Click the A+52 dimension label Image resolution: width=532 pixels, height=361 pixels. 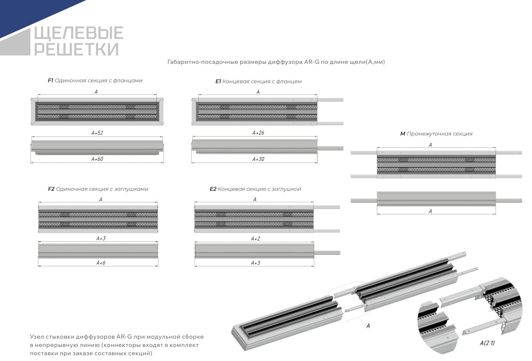97,133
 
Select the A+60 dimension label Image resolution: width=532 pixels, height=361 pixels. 97,159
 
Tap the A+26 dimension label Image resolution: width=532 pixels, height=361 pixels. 258,133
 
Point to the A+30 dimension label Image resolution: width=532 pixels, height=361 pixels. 258,159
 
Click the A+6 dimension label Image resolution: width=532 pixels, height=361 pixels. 101,263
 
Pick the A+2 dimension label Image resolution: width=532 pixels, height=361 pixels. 255,239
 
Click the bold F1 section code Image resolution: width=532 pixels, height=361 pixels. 51,81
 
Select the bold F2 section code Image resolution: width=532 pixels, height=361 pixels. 51,189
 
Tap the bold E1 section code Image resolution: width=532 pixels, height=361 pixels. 218,82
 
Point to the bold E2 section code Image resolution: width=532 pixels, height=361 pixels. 213,189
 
